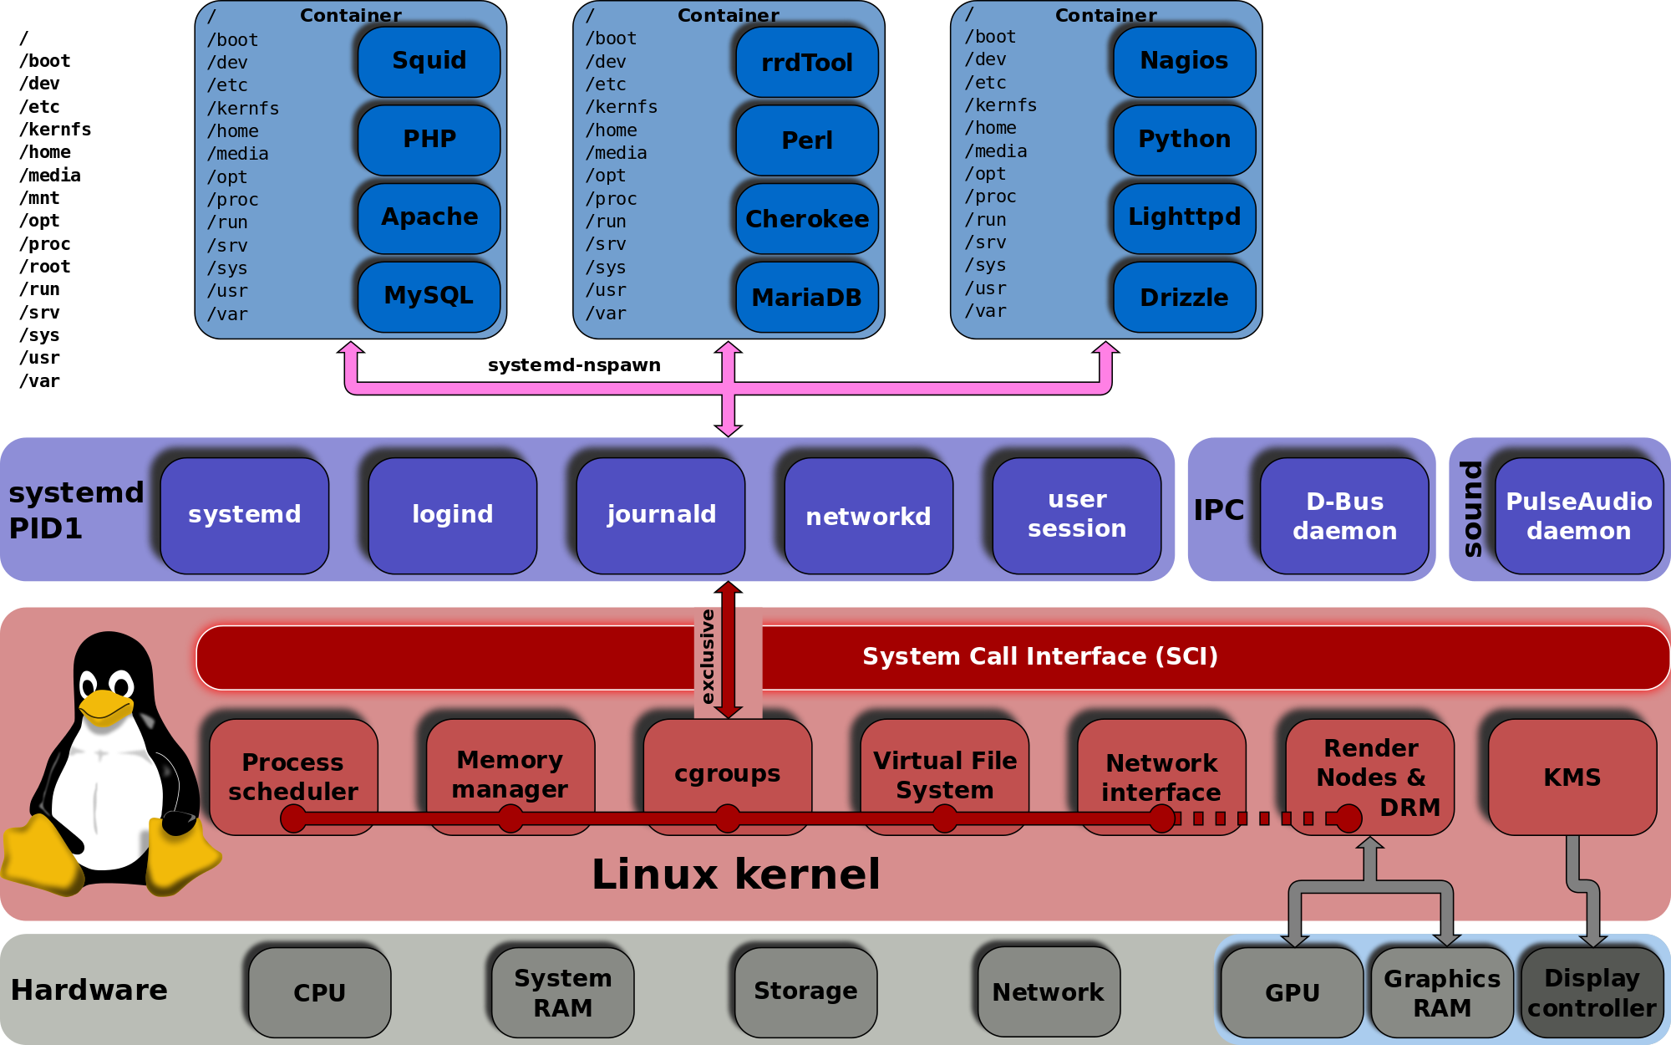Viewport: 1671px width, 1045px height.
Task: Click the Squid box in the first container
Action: [429, 61]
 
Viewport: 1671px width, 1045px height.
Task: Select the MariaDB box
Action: [806, 298]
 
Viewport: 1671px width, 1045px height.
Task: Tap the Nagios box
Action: [1184, 61]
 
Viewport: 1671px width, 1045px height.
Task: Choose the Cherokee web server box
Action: [806, 219]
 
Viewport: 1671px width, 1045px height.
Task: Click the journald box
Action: [661, 515]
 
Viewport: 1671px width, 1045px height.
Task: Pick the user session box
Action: [1077, 515]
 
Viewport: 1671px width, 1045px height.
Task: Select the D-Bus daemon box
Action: [1344, 516]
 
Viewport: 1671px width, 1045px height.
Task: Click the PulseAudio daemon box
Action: [1578, 516]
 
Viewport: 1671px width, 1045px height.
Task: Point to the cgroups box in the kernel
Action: [727, 773]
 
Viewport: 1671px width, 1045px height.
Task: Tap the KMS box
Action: [1572, 777]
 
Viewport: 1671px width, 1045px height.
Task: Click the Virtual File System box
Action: [944, 775]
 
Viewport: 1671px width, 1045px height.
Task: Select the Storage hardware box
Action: [805, 991]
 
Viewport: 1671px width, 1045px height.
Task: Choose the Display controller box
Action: [1592, 992]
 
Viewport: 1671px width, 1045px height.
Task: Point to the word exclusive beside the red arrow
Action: [708, 656]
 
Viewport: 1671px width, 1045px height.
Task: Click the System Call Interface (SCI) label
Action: [1040, 656]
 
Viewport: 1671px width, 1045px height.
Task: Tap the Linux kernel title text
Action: [735, 874]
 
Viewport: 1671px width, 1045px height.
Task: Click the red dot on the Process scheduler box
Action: [293, 818]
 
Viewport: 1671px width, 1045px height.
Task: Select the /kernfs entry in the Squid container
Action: [243, 109]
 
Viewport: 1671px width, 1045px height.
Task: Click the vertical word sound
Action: [1471, 508]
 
